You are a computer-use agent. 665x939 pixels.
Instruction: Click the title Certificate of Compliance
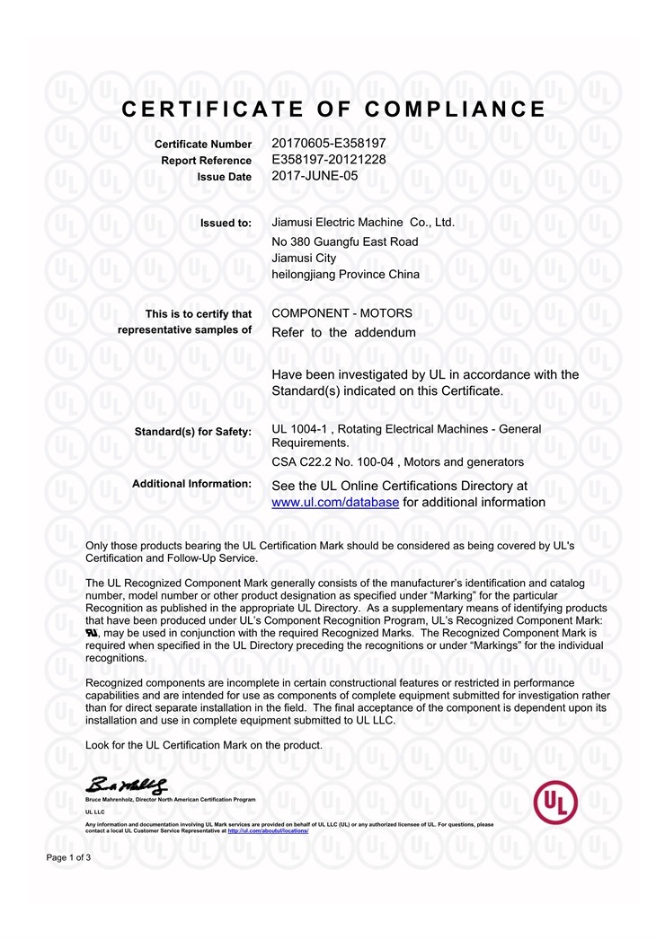[332, 110]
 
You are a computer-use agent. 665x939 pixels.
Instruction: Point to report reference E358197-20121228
[327, 159]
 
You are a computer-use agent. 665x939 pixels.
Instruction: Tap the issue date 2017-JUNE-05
[315, 176]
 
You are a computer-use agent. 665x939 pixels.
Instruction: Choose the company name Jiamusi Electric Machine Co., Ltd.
[363, 222]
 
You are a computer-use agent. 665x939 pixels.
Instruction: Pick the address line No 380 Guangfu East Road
[344, 241]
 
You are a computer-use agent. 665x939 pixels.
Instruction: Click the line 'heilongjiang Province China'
[345, 275]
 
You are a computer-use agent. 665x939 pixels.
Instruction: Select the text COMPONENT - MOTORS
[341, 313]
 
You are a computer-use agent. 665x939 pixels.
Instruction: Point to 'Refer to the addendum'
[343, 332]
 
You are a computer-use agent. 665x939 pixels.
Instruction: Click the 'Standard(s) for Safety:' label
[192, 432]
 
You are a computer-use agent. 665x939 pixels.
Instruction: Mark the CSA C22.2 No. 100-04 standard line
[397, 461]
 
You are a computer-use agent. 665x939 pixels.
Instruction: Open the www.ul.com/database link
[334, 502]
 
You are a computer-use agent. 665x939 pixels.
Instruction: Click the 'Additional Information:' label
[191, 484]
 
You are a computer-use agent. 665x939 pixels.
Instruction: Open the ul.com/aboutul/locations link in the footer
[268, 831]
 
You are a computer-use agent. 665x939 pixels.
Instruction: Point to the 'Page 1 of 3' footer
[68, 858]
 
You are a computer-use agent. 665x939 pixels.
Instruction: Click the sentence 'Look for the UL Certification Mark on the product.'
[203, 745]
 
